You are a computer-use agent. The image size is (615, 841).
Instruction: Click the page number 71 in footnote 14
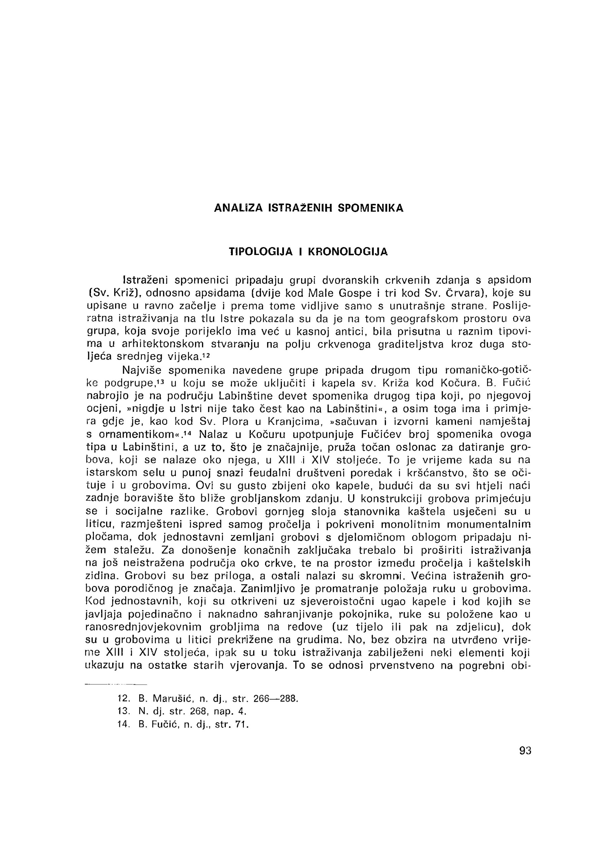241,724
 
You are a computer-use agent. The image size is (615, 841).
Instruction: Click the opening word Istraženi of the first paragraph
145,280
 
